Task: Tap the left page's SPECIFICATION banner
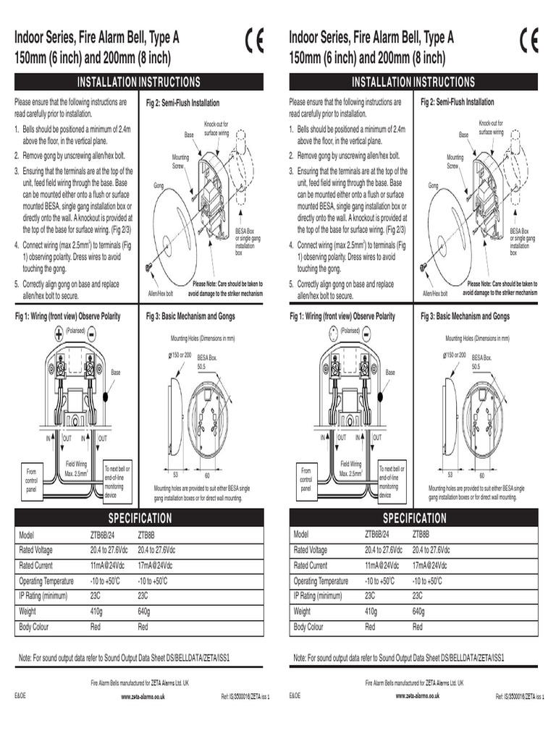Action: [140, 518]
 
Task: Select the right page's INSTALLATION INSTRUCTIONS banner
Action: [413, 82]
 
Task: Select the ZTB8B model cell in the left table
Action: [146, 534]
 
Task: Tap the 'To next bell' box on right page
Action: [392, 482]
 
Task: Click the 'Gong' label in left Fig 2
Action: [158, 186]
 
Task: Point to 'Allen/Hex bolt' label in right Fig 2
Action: [435, 294]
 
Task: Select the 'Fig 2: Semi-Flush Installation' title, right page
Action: [458, 103]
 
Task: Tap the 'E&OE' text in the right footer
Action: [295, 695]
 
